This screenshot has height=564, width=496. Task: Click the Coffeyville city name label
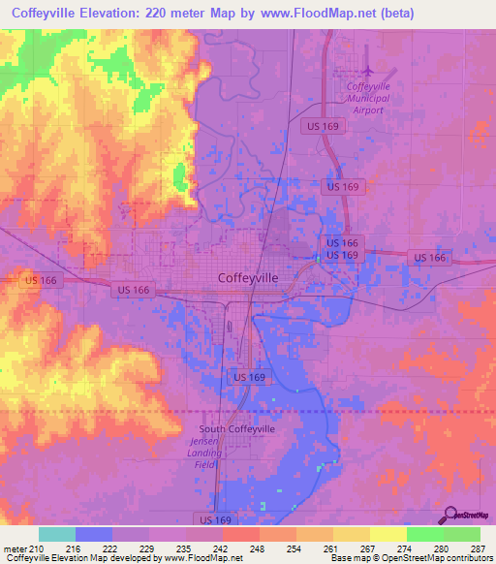(x=249, y=277)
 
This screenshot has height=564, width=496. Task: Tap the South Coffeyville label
(x=236, y=429)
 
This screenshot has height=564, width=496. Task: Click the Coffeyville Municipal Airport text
(x=367, y=98)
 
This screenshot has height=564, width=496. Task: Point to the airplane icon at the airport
(x=368, y=70)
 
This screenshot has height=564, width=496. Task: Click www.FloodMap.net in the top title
(x=315, y=14)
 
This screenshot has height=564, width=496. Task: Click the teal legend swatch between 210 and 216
(x=57, y=534)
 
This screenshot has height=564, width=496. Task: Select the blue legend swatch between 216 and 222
(x=94, y=534)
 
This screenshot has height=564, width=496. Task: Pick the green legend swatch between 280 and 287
(x=462, y=534)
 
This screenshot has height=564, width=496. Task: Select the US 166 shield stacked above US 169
(x=342, y=242)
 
